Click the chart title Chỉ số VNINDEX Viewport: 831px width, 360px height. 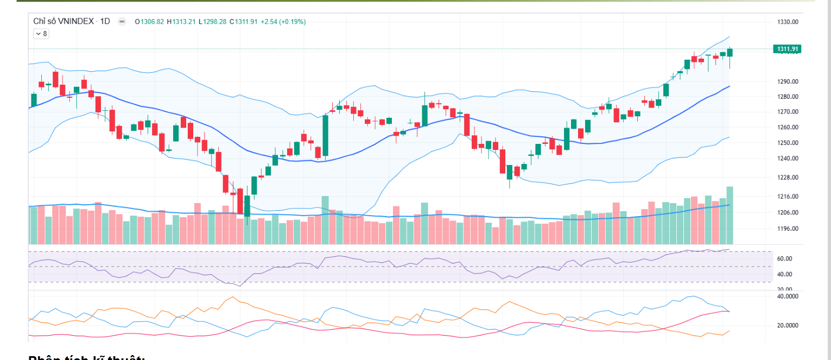tap(64, 21)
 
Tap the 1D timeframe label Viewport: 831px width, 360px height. tap(105, 21)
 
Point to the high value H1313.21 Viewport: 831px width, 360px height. tap(181, 22)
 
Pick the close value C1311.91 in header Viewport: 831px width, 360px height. tap(243, 22)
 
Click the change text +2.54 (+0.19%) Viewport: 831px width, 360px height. tap(283, 22)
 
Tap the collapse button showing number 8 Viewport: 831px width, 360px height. tap(41, 34)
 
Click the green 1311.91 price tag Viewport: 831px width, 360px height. tap(787, 49)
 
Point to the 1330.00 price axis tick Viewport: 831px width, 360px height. tap(788, 22)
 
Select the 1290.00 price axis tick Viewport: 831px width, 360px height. tap(788, 81)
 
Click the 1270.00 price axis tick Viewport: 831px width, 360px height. tap(788, 112)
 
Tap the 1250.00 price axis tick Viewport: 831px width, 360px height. tap(788, 143)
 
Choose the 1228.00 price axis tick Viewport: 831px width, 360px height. tap(788, 178)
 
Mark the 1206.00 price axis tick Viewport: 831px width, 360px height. tap(788, 213)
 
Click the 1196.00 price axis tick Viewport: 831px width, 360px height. tap(788, 229)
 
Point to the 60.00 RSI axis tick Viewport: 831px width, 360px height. tap(784, 259)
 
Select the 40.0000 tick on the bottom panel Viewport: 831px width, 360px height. tap(788, 297)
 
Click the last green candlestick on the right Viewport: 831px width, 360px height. tap(730, 53)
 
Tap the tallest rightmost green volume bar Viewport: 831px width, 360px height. tap(730, 215)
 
